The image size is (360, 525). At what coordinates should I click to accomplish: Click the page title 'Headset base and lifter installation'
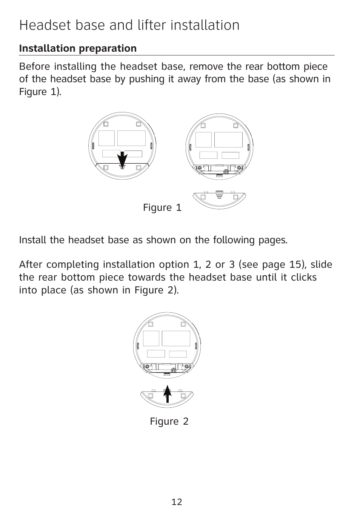point(129,25)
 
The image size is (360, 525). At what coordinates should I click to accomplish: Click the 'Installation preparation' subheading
point(78,48)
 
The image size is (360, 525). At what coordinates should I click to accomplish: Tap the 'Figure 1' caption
point(162,207)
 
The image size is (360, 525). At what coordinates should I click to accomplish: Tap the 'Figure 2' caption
point(169,421)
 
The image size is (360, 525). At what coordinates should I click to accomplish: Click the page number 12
point(177,502)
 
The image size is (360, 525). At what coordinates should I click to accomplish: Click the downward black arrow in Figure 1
point(122,158)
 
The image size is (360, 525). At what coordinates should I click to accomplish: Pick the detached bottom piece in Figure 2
point(167,398)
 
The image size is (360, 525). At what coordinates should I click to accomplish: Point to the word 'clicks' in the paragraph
point(304,277)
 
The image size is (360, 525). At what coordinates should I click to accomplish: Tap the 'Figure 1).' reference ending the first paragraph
point(40,92)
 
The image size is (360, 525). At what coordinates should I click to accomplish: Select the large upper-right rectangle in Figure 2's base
point(176,338)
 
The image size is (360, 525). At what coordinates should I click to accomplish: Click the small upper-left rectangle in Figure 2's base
point(151,338)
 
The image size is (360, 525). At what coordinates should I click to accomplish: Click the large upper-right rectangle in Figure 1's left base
point(131,138)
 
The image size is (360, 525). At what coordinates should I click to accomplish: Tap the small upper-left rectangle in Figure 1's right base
point(203,140)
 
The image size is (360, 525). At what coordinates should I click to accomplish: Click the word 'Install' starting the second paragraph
point(33,240)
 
